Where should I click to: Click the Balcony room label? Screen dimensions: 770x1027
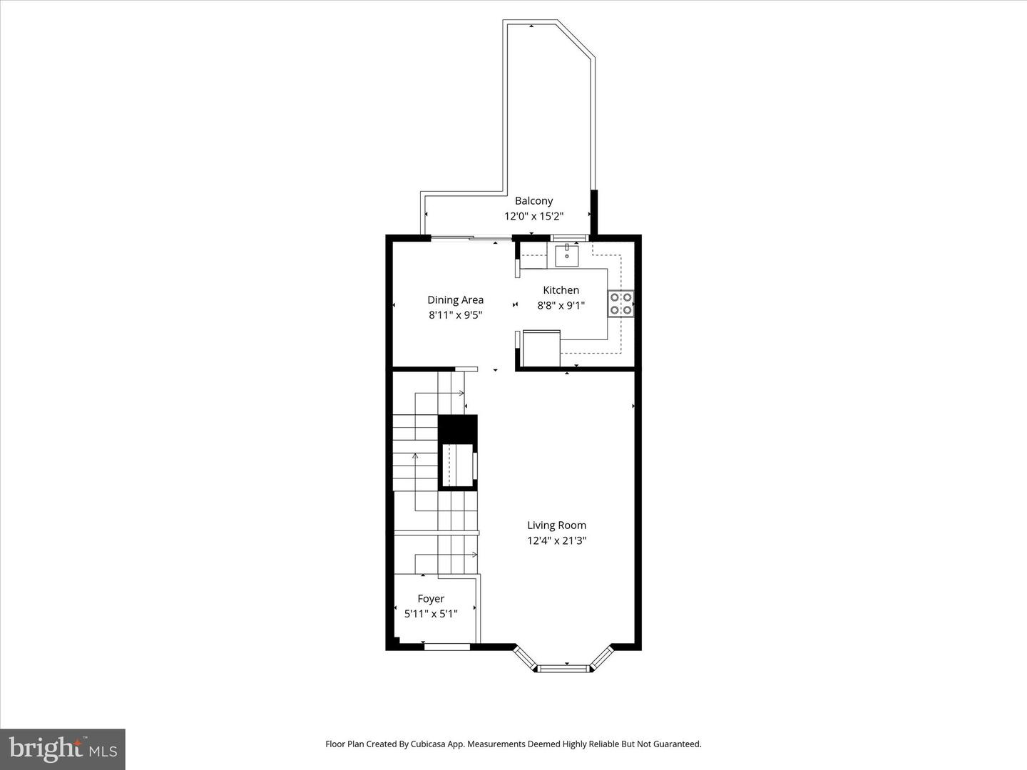(x=533, y=201)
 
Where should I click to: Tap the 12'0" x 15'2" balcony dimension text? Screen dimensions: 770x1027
(x=533, y=216)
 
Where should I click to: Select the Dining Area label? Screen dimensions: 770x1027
(x=455, y=300)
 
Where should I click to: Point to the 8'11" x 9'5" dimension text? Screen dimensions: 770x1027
(x=455, y=315)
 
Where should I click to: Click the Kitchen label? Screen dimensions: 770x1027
(x=561, y=290)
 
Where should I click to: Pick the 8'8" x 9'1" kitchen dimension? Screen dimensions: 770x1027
(x=561, y=306)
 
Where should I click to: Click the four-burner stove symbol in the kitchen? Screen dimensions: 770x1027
(x=620, y=304)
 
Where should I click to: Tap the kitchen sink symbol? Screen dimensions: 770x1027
(x=567, y=255)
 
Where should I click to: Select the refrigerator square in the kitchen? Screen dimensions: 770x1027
(x=541, y=349)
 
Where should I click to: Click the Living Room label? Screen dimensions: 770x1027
(x=556, y=525)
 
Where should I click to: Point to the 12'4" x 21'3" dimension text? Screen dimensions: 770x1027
(x=556, y=541)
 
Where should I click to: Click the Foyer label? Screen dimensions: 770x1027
(x=431, y=599)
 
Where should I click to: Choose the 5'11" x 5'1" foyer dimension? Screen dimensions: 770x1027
(x=431, y=614)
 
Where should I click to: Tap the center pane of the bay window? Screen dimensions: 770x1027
(x=564, y=668)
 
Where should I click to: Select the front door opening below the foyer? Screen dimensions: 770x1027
(x=447, y=647)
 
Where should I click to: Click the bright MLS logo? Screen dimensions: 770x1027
(x=62, y=749)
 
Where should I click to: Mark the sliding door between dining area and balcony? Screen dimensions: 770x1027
(x=471, y=238)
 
